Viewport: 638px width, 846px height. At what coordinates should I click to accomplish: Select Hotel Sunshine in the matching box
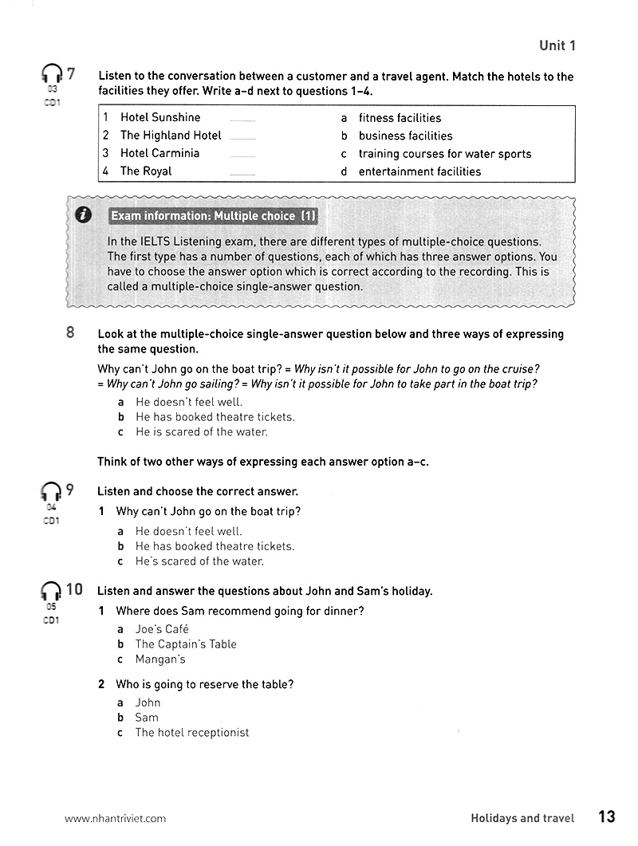(160, 117)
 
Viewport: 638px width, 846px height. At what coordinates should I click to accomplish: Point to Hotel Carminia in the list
(159, 153)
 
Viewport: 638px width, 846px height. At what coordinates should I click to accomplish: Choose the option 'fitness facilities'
(400, 117)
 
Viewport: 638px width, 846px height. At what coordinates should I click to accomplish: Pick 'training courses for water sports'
(444, 154)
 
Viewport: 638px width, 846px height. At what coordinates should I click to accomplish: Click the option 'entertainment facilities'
(419, 171)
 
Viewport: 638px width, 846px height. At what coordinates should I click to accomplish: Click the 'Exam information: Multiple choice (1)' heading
(214, 216)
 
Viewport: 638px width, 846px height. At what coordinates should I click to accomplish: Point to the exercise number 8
(70, 333)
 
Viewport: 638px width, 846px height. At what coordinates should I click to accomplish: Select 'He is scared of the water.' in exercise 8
(201, 432)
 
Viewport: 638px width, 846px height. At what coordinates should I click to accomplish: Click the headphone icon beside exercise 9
(51, 492)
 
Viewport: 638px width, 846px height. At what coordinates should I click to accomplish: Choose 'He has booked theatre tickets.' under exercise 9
(215, 546)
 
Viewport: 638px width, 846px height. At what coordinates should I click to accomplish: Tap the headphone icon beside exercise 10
(51, 591)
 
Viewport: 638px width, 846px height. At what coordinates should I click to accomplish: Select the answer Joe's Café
(162, 629)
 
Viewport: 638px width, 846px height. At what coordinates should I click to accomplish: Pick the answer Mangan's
(159, 659)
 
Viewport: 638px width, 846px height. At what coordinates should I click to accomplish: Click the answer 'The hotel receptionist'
(191, 733)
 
